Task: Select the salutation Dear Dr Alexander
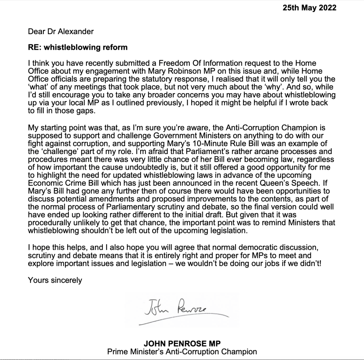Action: pyautogui.click(x=61, y=31)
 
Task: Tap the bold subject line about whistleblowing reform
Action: pyautogui.click(x=78, y=47)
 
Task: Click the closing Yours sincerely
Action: pyautogui.click(x=55, y=280)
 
